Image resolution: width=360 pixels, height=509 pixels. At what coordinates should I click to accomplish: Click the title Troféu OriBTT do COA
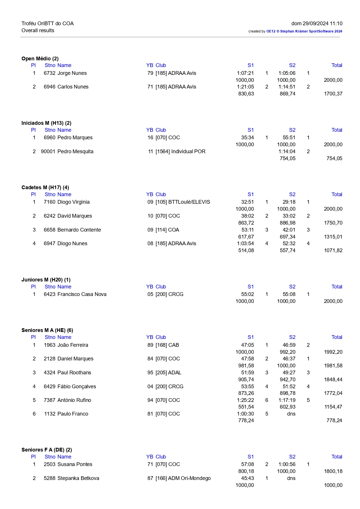[x=48, y=24]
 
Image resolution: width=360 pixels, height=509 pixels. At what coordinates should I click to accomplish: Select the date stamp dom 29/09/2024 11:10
[x=317, y=24]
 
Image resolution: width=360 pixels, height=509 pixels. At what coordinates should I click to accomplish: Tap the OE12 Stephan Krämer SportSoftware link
[x=304, y=31]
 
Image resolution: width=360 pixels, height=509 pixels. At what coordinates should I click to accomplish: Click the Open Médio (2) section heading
[x=40, y=59]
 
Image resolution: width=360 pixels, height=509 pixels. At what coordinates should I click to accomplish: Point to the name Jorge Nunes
[x=72, y=73]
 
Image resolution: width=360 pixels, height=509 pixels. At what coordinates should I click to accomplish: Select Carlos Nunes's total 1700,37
[x=333, y=94]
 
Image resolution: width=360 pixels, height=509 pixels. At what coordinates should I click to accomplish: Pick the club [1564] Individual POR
[x=180, y=151]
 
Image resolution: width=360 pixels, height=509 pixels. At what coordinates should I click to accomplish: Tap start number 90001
[x=48, y=151]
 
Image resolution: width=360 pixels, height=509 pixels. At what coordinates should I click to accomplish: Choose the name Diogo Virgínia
[x=73, y=202]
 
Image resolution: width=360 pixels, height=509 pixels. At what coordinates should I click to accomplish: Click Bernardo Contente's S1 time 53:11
[x=247, y=230]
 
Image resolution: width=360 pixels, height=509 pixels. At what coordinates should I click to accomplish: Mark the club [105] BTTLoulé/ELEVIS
[x=183, y=202]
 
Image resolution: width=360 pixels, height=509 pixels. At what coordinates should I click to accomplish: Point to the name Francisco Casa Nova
[x=82, y=294]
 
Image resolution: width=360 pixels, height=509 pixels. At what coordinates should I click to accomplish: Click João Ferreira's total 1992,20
[x=333, y=352]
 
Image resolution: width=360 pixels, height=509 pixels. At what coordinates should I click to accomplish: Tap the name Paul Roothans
[x=74, y=373]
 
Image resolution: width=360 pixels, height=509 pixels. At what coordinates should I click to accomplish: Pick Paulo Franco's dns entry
[x=291, y=414]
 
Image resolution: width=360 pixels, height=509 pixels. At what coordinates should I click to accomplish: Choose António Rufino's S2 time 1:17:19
[x=287, y=400]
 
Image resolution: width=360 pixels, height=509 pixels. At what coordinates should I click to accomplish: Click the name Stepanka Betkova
[x=78, y=478]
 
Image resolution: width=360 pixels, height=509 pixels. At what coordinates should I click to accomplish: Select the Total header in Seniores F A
[x=337, y=457]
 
